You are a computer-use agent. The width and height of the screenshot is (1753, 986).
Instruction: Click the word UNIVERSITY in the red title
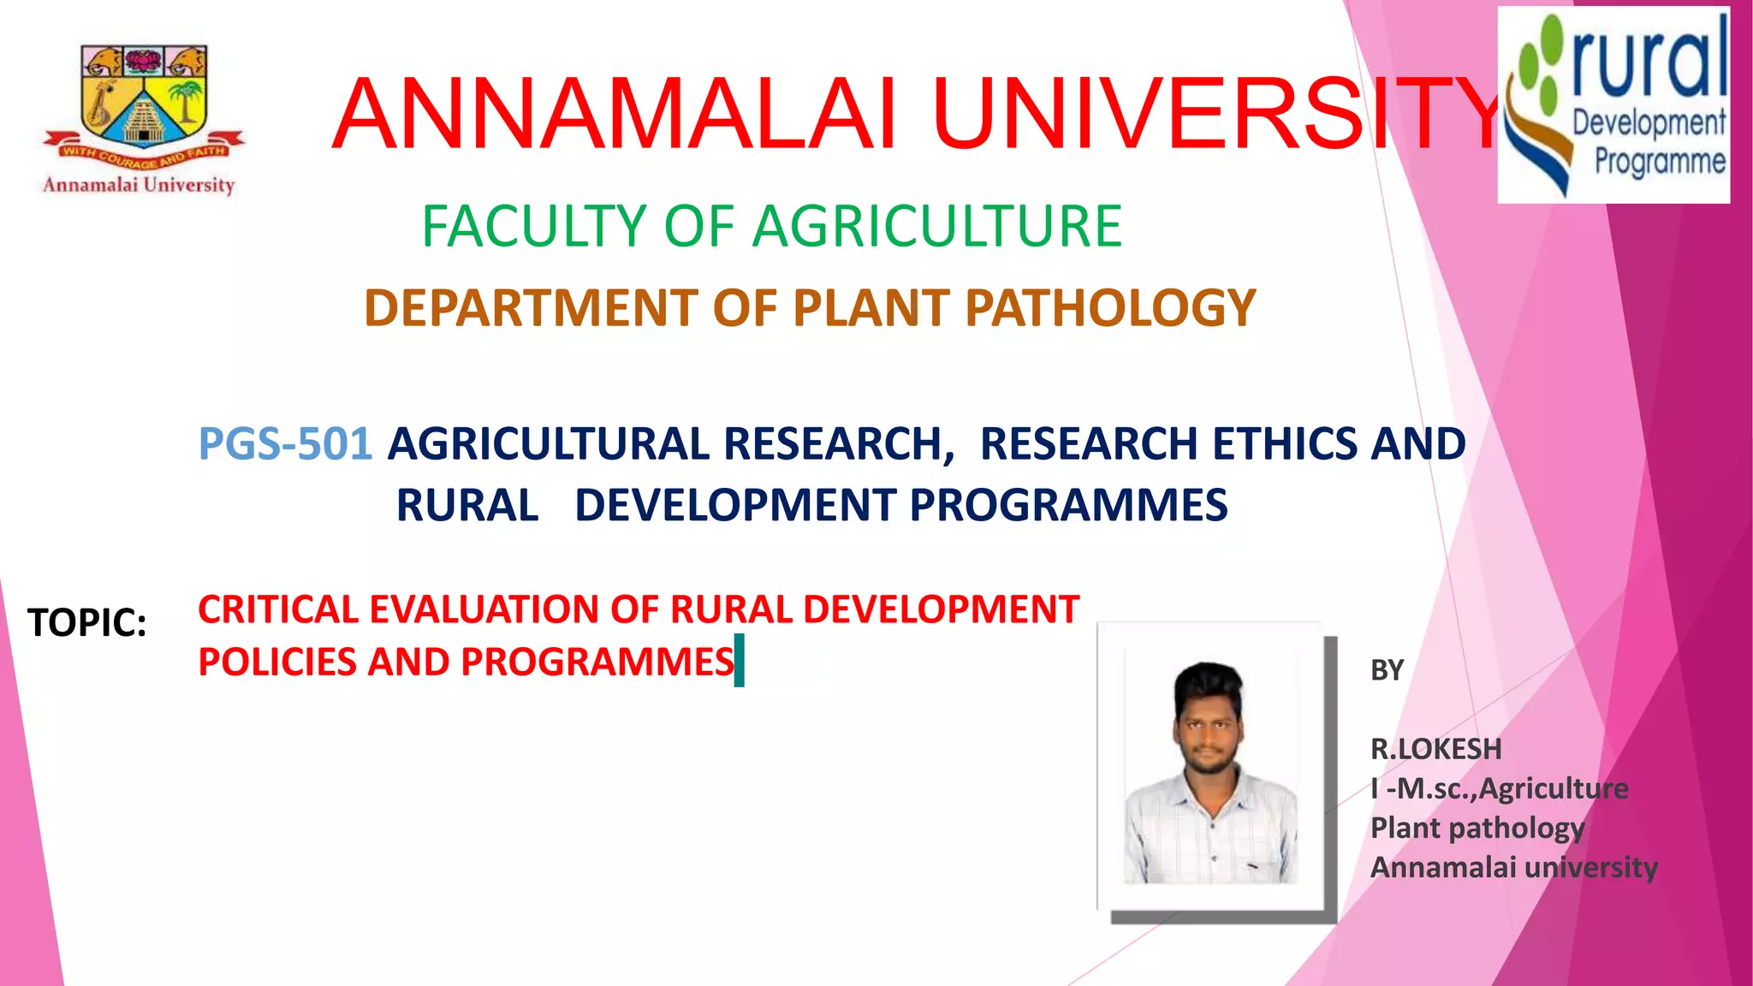coord(1215,115)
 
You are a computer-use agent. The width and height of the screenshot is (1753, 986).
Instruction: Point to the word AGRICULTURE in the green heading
coord(936,227)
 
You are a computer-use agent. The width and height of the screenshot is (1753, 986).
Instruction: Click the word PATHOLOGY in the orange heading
coord(1109,308)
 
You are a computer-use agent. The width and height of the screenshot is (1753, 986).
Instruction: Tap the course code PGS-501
coord(285,444)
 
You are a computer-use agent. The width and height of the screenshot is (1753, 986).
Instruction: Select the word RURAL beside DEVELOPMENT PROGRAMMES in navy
coord(467,505)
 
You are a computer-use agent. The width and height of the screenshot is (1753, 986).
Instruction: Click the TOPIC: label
coord(87,623)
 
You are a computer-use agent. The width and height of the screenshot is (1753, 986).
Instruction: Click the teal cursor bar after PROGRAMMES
coord(740,661)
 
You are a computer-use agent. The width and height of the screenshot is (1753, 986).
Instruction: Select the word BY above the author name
coord(1387,670)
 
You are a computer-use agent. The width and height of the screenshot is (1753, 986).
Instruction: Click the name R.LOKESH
coord(1435,750)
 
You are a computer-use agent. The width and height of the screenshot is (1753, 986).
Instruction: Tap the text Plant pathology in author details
coord(1477,829)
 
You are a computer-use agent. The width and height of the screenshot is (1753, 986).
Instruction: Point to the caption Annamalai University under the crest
coord(139,185)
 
